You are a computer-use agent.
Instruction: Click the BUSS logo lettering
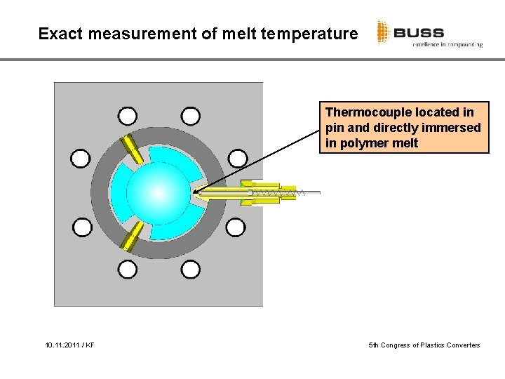click(x=419, y=32)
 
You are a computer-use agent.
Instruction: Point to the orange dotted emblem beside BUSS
click(x=383, y=32)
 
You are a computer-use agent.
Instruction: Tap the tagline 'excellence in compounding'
click(x=447, y=44)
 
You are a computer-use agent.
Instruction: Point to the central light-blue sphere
click(x=159, y=192)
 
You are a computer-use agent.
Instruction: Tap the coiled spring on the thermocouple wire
click(x=277, y=192)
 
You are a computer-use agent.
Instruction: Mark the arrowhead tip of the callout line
click(x=194, y=190)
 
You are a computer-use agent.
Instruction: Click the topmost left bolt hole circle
click(x=127, y=115)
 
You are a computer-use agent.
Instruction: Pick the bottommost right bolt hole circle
click(x=190, y=269)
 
